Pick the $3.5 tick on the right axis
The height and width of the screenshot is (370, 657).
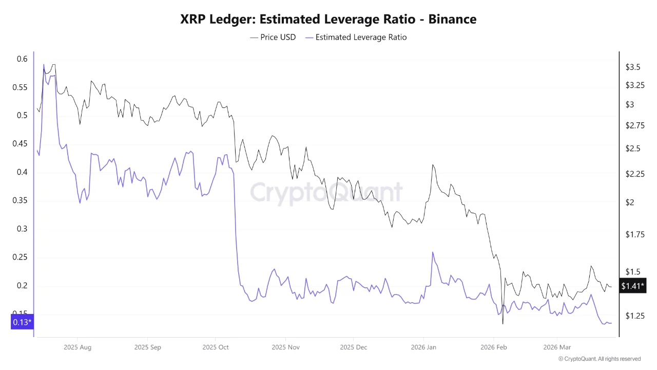(x=632, y=67)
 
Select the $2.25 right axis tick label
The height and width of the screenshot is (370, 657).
(x=634, y=174)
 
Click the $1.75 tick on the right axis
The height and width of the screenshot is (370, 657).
(x=634, y=234)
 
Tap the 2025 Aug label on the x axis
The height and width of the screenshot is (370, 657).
(x=78, y=347)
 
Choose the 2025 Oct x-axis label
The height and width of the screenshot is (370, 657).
(x=216, y=347)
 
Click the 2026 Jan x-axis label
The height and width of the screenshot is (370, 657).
(x=424, y=347)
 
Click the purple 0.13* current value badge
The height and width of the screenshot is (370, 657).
(x=22, y=322)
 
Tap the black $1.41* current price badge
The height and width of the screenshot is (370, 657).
(x=632, y=286)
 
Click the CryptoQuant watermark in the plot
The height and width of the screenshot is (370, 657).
(x=326, y=193)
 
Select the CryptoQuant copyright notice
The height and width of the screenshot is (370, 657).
(x=599, y=359)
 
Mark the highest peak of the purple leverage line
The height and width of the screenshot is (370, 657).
(x=44, y=65)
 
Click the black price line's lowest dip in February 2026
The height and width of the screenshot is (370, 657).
(x=503, y=324)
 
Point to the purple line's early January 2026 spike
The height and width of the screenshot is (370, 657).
(x=433, y=252)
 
